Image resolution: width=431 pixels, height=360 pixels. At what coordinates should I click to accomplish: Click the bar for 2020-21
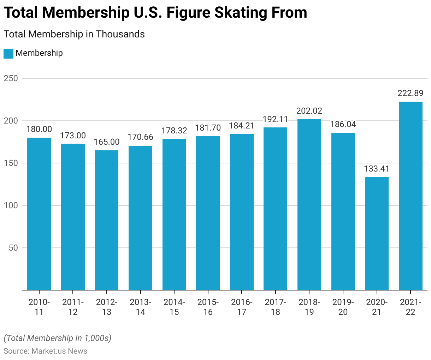click(377, 233)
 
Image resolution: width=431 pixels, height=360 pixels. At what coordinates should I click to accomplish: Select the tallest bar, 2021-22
click(411, 196)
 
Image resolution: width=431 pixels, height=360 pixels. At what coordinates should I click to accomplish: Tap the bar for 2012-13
click(106, 220)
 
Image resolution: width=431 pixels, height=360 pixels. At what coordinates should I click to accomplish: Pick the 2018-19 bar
click(309, 205)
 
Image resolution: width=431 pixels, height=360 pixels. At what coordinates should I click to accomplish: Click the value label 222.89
click(411, 93)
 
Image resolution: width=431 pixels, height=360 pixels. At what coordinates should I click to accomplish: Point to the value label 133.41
click(377, 169)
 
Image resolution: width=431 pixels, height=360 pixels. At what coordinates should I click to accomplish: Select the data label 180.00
click(39, 129)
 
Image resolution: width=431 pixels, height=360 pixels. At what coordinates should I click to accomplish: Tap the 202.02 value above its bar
click(309, 111)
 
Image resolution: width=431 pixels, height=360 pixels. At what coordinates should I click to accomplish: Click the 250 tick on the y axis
click(11, 78)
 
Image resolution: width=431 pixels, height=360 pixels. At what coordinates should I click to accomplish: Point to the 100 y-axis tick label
click(11, 205)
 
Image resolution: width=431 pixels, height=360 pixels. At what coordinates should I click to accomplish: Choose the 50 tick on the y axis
click(13, 248)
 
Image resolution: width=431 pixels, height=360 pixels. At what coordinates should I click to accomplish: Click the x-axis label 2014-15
click(174, 307)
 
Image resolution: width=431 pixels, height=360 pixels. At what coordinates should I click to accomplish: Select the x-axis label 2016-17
click(242, 307)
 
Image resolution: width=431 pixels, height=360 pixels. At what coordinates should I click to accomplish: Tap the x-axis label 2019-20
click(343, 307)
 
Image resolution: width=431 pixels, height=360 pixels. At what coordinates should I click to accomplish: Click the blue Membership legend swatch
click(8, 53)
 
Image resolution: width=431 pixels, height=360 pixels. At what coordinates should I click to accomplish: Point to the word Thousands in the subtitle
click(120, 34)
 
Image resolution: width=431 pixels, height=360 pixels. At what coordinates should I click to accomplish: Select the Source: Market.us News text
click(45, 351)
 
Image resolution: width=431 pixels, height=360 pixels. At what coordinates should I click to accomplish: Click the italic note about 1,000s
click(58, 338)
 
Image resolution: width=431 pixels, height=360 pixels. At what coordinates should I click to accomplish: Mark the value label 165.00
click(106, 142)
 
